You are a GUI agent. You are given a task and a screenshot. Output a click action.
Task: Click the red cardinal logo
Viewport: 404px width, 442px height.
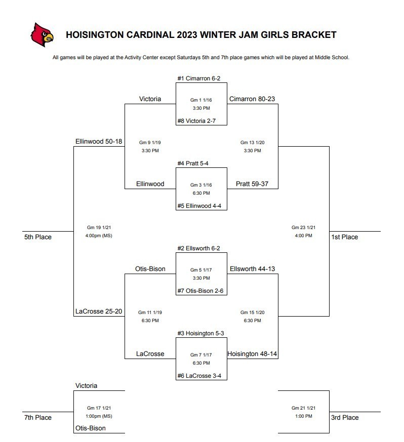click(x=42, y=35)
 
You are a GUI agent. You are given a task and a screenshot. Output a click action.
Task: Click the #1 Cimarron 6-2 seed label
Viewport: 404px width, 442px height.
click(x=198, y=78)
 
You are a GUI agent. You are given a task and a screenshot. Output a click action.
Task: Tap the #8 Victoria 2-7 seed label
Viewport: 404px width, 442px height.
click(x=196, y=121)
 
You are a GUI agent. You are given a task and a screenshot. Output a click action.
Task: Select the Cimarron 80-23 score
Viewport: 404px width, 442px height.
click(x=252, y=99)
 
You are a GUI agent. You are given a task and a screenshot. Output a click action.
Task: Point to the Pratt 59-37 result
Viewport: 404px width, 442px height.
click(x=252, y=184)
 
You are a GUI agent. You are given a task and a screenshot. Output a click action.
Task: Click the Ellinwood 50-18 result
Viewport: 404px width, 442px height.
click(x=99, y=142)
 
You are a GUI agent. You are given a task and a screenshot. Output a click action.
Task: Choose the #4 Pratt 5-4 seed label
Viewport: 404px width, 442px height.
click(x=193, y=163)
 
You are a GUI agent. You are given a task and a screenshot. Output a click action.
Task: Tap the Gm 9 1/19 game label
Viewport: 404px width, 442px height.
click(x=150, y=143)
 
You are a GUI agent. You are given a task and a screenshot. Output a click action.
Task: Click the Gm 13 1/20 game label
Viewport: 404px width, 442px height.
click(x=252, y=143)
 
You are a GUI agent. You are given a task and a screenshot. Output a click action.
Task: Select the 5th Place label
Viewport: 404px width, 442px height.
click(x=38, y=237)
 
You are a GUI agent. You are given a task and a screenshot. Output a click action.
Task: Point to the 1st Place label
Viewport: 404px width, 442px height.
click(x=344, y=237)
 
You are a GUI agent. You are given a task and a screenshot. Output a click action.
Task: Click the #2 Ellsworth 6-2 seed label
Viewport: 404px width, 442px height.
click(x=198, y=248)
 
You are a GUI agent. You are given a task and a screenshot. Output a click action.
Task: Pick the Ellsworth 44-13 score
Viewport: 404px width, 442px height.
click(x=252, y=269)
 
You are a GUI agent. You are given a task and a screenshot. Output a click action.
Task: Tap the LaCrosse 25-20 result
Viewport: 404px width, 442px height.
click(x=99, y=311)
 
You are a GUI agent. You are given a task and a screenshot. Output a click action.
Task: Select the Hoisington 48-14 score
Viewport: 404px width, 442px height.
click(x=252, y=354)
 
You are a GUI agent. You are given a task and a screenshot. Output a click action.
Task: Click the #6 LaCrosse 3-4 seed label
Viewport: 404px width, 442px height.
click(x=199, y=376)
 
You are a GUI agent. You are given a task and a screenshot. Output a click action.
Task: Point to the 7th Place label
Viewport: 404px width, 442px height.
click(x=38, y=418)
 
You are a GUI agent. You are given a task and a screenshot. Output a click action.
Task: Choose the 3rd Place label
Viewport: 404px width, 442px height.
click(x=345, y=418)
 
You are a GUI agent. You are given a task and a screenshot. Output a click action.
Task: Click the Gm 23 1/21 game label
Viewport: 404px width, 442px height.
click(x=303, y=228)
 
